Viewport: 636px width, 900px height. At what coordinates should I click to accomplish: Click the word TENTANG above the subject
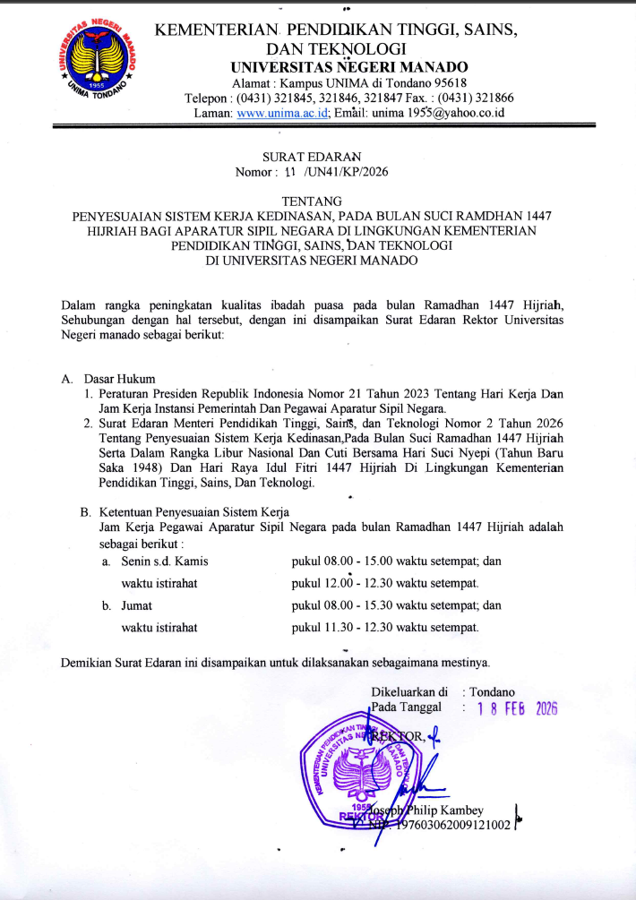pyautogui.click(x=318, y=202)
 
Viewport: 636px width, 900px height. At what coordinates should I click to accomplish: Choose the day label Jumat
pyautogui.click(x=136, y=605)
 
